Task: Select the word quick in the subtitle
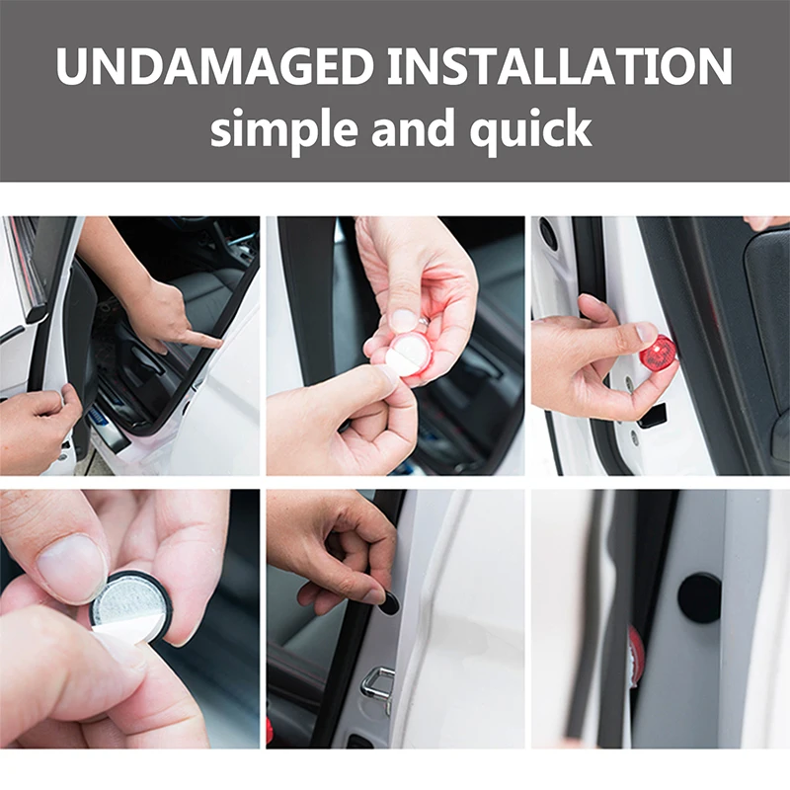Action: point(530,129)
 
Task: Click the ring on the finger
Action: point(424,320)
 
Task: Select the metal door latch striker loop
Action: point(378,685)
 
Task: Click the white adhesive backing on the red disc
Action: point(404,360)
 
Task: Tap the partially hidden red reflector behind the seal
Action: point(637,656)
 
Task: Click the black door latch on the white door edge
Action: point(653,415)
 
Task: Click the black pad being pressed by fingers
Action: point(388,603)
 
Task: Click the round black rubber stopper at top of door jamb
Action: point(548,232)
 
